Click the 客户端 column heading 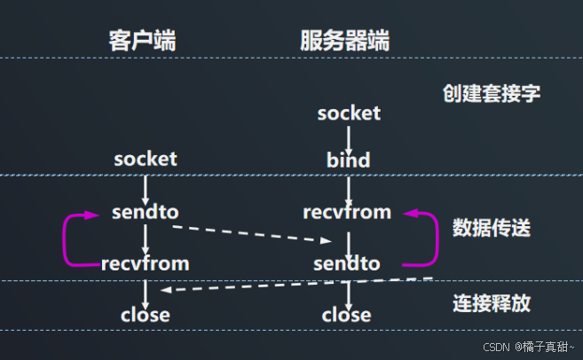142,41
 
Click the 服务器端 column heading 344,41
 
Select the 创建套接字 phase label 491,93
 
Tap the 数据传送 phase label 491,227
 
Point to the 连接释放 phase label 491,303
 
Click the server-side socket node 349,113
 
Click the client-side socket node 146,159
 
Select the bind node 348,160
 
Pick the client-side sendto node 146,213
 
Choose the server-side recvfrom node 347,213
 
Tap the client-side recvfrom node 146,263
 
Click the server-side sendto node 347,263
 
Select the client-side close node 146,315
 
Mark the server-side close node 347,315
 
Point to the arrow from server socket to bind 349,137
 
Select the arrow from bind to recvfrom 349,187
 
